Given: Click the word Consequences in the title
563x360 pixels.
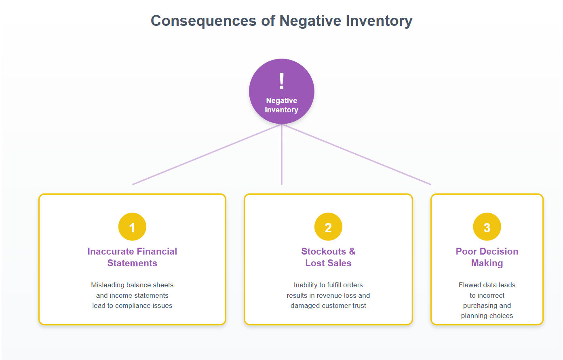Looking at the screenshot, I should point(203,21).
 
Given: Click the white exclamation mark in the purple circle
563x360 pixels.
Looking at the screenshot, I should point(282,81).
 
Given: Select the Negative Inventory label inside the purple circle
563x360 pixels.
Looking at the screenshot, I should point(282,105).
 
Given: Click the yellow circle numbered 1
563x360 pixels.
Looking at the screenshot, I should point(132,227).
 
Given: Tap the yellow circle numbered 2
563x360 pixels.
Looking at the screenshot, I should point(328,227).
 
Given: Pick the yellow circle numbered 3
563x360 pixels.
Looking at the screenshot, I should point(487,227).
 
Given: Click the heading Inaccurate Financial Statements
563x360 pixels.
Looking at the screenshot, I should point(132,257).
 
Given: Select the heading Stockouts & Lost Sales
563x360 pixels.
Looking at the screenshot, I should point(328,257).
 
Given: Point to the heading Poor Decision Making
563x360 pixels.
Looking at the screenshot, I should point(487,257).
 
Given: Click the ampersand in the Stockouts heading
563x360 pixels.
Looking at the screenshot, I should point(352,251).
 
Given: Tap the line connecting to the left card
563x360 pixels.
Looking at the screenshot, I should point(206,154).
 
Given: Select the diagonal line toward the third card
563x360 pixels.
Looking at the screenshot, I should point(357,154).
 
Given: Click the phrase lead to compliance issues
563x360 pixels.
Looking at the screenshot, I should point(132,305).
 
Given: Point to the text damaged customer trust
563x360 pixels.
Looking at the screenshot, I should point(328,305).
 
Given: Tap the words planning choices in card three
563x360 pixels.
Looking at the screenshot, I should point(487,316).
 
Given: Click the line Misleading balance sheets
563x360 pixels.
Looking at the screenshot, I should point(132,285).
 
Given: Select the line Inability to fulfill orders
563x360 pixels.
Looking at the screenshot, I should point(328,285).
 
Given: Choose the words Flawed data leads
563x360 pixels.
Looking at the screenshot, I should point(487,285).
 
